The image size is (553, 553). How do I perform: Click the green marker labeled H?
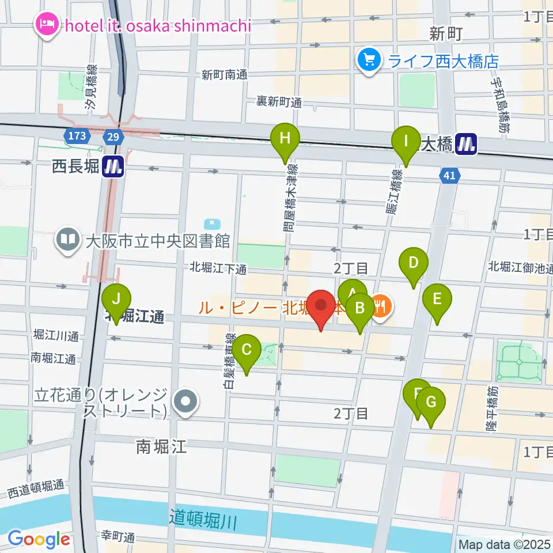click(285, 138)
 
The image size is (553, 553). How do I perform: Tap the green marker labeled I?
click(406, 141)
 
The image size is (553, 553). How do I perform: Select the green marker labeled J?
click(116, 300)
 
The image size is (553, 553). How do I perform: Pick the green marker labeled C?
click(247, 350)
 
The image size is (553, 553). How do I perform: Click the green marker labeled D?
click(414, 263)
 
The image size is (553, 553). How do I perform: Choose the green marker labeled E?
click(437, 299)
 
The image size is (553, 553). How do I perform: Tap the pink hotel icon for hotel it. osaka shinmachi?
click(46, 25)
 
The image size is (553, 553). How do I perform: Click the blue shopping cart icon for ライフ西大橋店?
click(369, 59)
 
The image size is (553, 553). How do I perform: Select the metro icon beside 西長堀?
click(113, 167)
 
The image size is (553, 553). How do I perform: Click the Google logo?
click(39, 539)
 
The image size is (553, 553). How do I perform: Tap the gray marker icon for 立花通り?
click(187, 402)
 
